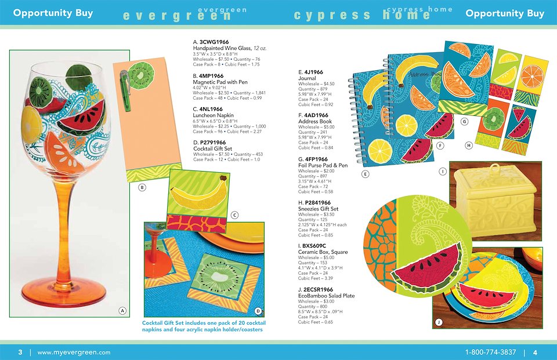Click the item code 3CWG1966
[x=214, y=42]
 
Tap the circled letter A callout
[x=122, y=311]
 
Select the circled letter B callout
[x=142, y=187]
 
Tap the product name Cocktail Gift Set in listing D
[x=213, y=149]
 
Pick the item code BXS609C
[x=314, y=246]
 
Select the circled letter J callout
[x=439, y=322]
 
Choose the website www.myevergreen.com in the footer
[x=74, y=352]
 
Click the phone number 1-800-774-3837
[x=491, y=352]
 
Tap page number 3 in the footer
[x=20, y=352]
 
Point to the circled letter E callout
[x=365, y=174]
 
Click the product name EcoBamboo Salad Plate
[x=326, y=296]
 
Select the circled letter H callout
[x=469, y=145]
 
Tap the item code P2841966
[x=317, y=203]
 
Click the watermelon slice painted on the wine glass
[x=82, y=117]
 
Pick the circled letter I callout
[x=443, y=172]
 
